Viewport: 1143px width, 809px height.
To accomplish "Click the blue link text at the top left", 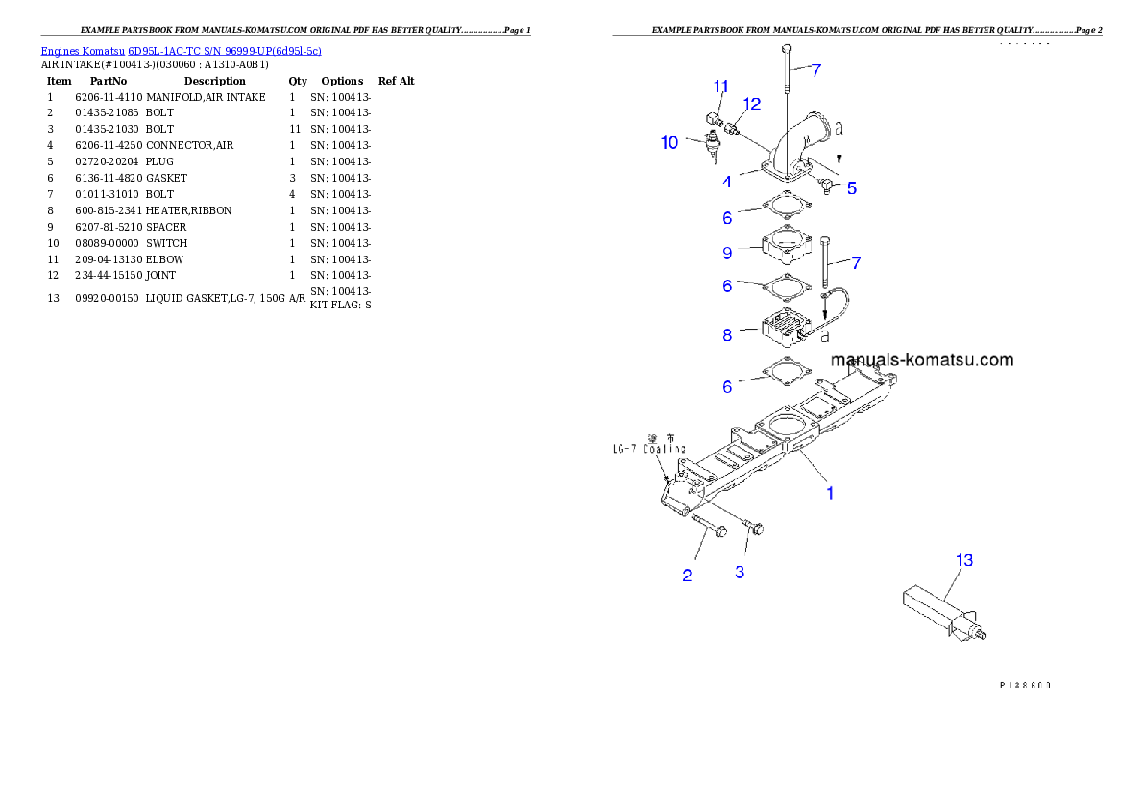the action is coord(181,50).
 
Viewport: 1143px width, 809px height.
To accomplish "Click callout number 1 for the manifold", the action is coord(830,493).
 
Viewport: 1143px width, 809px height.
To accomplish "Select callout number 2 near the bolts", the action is coord(687,576).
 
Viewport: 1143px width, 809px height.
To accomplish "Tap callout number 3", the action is coord(740,572).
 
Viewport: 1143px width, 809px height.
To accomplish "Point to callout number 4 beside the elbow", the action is coord(727,181).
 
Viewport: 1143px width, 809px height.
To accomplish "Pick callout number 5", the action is coord(852,188).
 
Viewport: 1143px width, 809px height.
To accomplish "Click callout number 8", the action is coord(727,335).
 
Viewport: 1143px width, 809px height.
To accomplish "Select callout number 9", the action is coord(727,253).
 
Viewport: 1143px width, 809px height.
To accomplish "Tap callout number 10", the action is coord(669,142).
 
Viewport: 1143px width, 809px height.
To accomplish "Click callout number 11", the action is coord(721,86).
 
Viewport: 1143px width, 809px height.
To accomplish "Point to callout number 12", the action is coord(751,103).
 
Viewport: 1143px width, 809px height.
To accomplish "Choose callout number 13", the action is coord(964,559).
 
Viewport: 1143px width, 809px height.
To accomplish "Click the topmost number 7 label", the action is coord(815,70).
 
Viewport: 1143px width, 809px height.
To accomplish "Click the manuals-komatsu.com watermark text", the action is coord(922,360).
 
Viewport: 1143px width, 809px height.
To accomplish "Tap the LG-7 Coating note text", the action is coord(650,448).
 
